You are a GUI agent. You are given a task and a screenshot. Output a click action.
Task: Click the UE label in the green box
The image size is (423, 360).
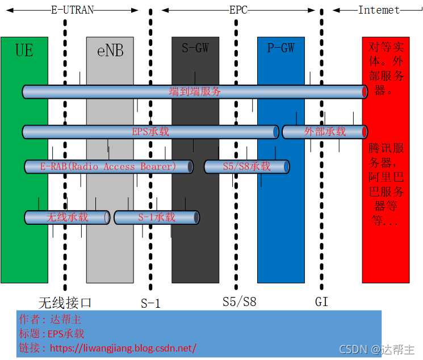[x=24, y=51]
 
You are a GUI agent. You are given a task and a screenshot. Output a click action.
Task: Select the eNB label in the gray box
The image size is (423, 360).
[x=110, y=51]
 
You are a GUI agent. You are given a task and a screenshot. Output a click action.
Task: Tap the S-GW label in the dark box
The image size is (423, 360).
[x=195, y=48]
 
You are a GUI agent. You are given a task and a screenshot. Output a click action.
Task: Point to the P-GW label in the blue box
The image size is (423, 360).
[x=280, y=48]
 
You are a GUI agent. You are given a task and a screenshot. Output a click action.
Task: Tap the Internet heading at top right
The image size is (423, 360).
[x=379, y=10]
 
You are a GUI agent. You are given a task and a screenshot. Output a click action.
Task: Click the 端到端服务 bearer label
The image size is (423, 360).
[x=195, y=91]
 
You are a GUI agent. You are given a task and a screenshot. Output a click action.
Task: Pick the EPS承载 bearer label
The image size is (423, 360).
[x=150, y=132]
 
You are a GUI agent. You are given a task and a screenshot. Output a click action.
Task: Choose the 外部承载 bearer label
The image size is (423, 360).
[x=325, y=132]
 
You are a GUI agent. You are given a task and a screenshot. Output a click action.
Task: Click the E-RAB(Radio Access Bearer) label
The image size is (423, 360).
[x=108, y=166]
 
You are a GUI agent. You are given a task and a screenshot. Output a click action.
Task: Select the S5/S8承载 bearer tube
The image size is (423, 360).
[x=246, y=166]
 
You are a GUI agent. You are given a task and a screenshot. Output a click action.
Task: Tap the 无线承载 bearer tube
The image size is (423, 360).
[x=67, y=217]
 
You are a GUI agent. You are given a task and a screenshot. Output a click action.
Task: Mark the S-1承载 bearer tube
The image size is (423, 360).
[x=156, y=217]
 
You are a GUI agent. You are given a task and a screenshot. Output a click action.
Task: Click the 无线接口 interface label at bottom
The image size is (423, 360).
[x=65, y=302]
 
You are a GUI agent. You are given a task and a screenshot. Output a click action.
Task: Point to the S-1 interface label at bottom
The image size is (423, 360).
[x=150, y=303]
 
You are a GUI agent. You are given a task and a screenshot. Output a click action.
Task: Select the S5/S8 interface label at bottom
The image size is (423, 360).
[x=239, y=302]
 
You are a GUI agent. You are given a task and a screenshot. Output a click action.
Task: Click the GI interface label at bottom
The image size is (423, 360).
[x=321, y=302]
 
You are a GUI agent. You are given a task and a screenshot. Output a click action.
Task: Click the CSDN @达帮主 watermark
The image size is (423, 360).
[x=377, y=349]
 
